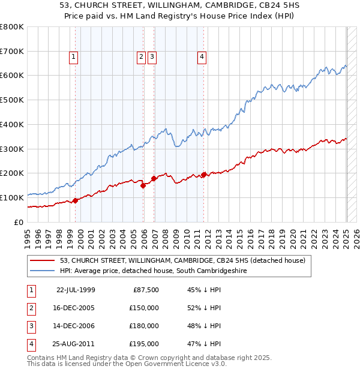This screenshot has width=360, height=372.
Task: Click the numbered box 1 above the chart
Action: (x=73, y=57)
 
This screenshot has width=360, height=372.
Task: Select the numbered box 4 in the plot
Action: (x=202, y=57)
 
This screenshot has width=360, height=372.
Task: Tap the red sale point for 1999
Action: (x=76, y=200)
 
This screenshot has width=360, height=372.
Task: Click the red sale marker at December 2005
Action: (x=143, y=185)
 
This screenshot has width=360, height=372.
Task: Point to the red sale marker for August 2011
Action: (x=204, y=174)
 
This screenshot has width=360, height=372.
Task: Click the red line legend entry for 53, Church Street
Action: (x=182, y=260)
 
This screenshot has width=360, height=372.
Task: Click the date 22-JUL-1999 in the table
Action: (x=76, y=290)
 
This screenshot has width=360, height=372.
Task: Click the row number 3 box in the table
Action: (x=30, y=326)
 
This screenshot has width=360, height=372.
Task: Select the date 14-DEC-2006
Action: (x=76, y=326)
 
